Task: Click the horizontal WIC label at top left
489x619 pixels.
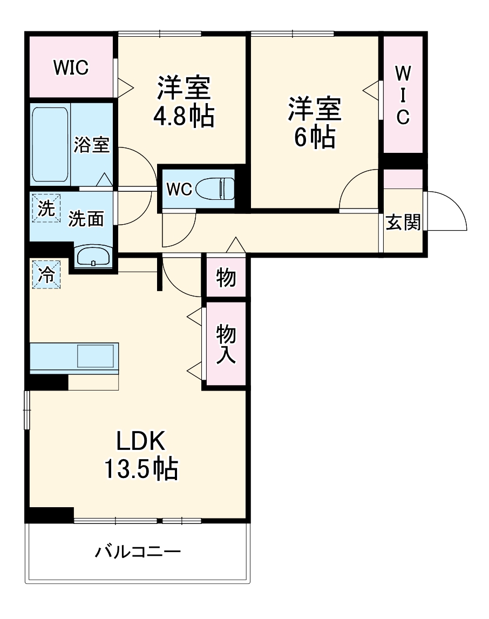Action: pos(71,68)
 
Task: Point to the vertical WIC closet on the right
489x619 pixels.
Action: pos(403,95)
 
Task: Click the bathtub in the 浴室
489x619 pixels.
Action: pos(50,144)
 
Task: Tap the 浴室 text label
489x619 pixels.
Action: pos(92,145)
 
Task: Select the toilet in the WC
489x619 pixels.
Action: pos(215,189)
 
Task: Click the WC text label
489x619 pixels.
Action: pos(179,190)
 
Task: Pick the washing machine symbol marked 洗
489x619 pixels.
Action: pos(45,208)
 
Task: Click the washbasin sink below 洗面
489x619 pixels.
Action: pos(94,257)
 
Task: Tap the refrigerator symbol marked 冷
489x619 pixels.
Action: pos(46,274)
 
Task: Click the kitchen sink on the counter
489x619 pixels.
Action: pos(96,356)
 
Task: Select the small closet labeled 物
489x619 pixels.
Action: pos(226,277)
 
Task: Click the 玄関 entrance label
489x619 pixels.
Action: pos(403,222)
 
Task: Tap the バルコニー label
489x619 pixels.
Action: pos(138,552)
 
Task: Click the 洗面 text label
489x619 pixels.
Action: pos(86,218)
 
